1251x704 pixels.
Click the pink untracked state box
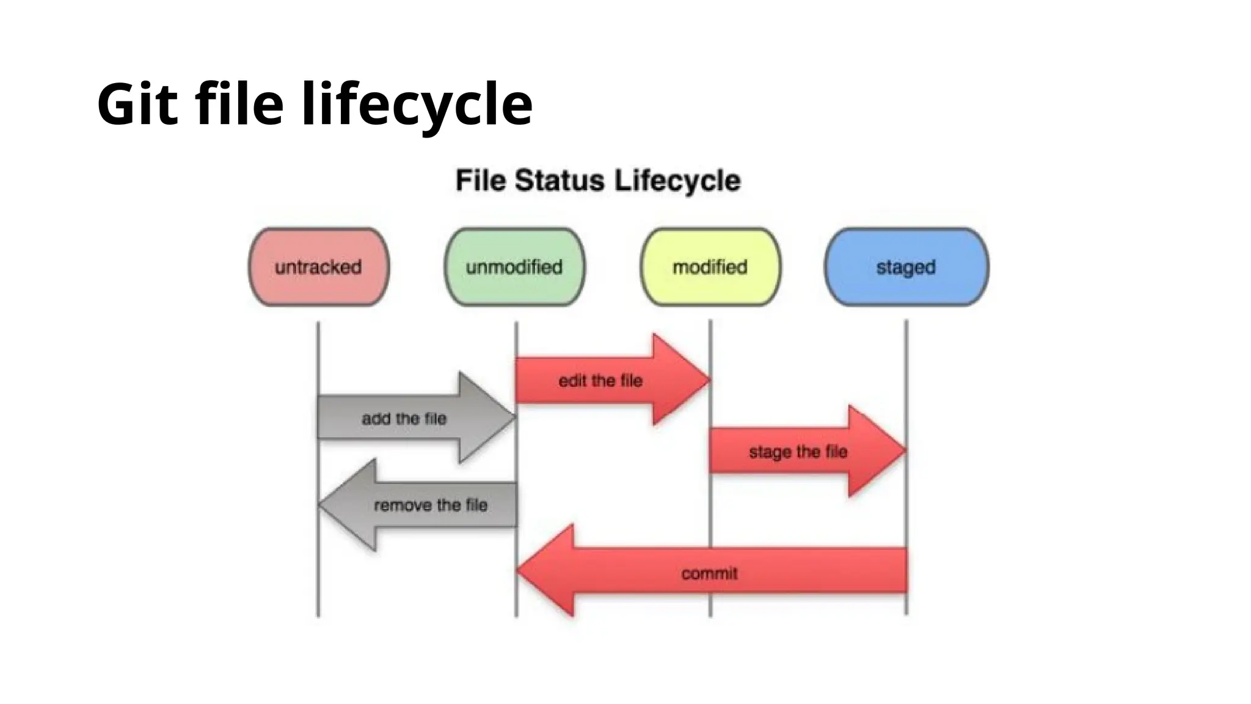pos(318,267)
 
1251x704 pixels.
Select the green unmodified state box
pos(514,267)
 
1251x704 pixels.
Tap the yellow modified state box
pos(710,267)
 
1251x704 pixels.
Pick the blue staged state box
pos(906,267)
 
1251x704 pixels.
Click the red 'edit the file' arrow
pos(600,381)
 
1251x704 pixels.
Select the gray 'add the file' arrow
pos(404,419)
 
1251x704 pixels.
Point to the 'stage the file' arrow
pos(798,452)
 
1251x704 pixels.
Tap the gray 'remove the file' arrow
pos(430,505)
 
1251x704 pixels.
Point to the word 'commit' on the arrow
pos(709,574)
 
